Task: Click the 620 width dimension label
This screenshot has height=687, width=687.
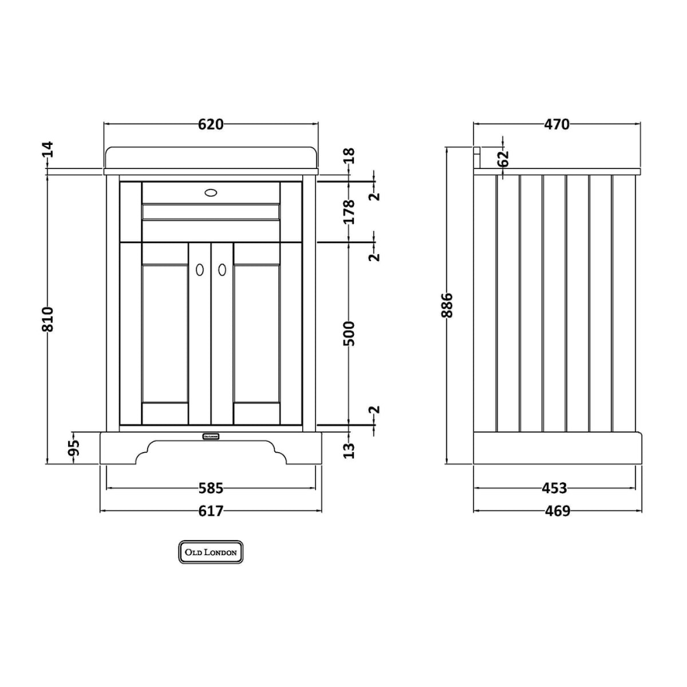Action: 211,124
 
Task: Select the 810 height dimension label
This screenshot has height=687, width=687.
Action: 48,319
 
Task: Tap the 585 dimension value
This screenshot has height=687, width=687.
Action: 211,488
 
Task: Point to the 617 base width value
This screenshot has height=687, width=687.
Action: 211,511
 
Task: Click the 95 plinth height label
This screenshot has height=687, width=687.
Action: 74,447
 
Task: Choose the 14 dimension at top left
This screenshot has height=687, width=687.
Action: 48,149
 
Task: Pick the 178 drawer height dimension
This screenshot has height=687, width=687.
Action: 349,212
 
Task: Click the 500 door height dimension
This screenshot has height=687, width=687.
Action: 349,333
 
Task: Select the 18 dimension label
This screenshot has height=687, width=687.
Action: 349,155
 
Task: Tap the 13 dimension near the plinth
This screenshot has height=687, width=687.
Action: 349,451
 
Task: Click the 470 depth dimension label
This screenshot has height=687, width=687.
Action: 556,124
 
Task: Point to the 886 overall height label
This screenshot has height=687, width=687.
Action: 447,306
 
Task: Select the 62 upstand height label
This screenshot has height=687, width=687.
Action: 504,158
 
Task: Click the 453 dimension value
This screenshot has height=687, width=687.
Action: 554,488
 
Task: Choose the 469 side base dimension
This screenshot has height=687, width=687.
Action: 557,511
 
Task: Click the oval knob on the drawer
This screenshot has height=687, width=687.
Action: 211,192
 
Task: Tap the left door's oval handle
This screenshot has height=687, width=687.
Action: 200,270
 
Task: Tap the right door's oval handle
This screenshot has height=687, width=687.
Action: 222,270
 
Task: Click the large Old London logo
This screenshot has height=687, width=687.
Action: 211,552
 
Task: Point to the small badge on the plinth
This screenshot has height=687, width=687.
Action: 211,436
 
